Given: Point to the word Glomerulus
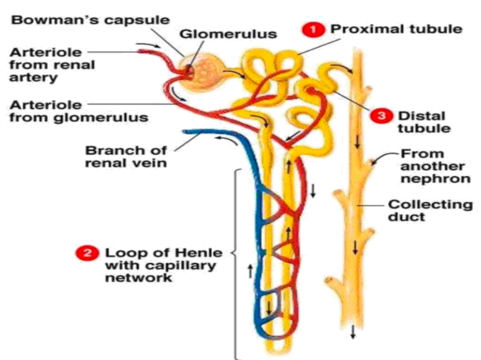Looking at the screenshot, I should point(228,34).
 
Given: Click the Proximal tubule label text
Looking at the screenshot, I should point(396,29).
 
